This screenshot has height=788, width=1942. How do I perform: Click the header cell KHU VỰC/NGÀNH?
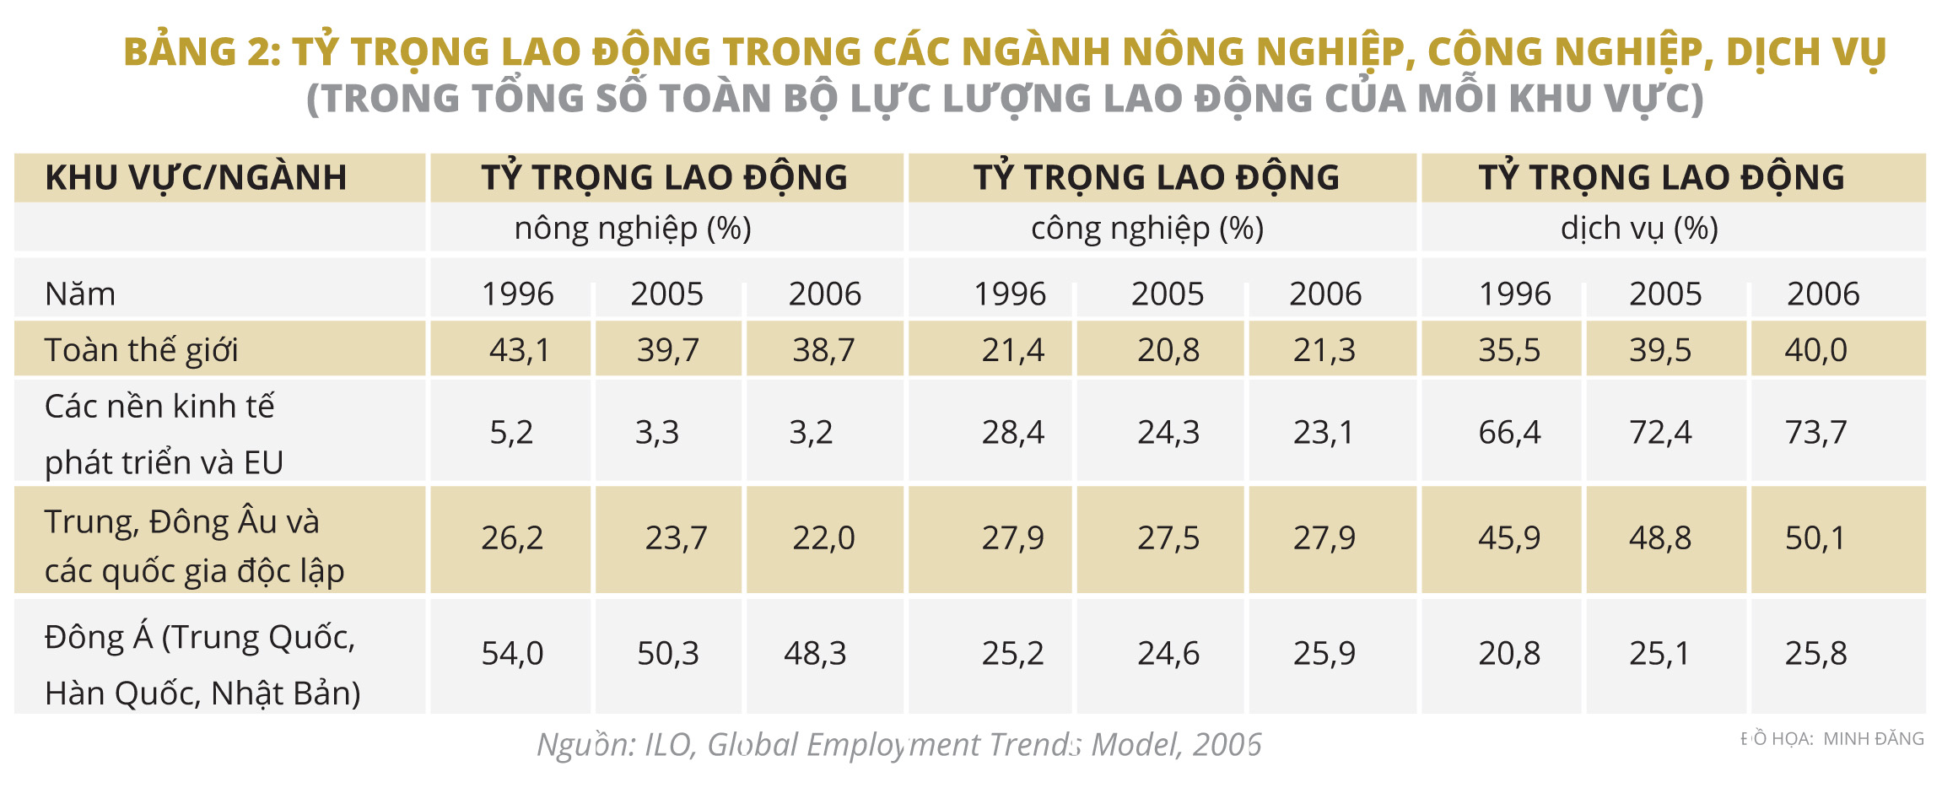[x=196, y=178]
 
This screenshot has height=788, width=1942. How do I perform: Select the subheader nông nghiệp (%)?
[x=633, y=229]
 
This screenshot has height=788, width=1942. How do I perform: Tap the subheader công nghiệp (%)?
[x=1147, y=229]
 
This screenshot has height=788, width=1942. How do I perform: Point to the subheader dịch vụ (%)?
[x=1639, y=229]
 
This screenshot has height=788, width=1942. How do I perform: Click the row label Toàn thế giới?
[x=142, y=350]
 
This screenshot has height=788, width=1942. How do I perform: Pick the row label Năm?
[x=80, y=294]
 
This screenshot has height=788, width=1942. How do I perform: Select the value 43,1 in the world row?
[x=519, y=350]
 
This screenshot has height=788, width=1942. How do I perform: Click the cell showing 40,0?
[x=1815, y=350]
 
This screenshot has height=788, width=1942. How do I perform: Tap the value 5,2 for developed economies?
[x=511, y=433]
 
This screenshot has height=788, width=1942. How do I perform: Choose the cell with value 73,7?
[x=1815, y=433]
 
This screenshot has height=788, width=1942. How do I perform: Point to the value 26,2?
[x=511, y=538]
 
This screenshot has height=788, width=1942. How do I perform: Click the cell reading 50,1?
[x=1815, y=538]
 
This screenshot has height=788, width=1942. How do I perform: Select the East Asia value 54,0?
[x=511, y=654]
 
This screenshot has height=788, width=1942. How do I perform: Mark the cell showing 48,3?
[x=815, y=654]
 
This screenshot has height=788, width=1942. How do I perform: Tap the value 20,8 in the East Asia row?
[x=1509, y=654]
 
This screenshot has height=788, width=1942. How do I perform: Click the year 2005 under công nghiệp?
[x=1168, y=294]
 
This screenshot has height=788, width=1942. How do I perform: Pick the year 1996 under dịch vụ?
[x=1515, y=294]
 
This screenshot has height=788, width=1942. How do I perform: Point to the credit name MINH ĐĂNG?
[x=1874, y=739]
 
